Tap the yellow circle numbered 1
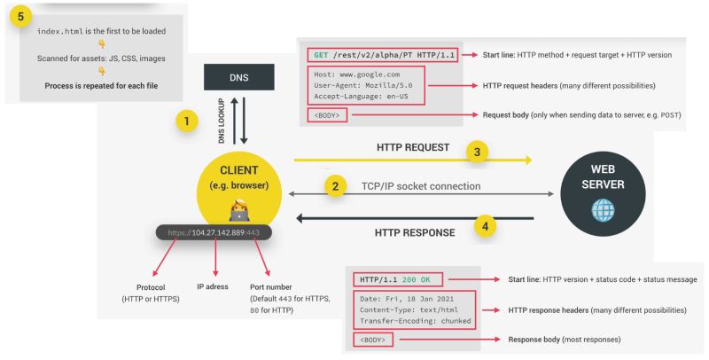pyautogui.click(x=185, y=121)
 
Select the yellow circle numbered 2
pyautogui.click(x=334, y=186)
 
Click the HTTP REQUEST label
pyautogui.click(x=414, y=146)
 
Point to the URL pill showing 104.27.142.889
pyautogui.click(x=214, y=231)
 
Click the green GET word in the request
pyautogui.click(x=321, y=55)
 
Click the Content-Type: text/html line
pyautogui.click(x=409, y=309)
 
